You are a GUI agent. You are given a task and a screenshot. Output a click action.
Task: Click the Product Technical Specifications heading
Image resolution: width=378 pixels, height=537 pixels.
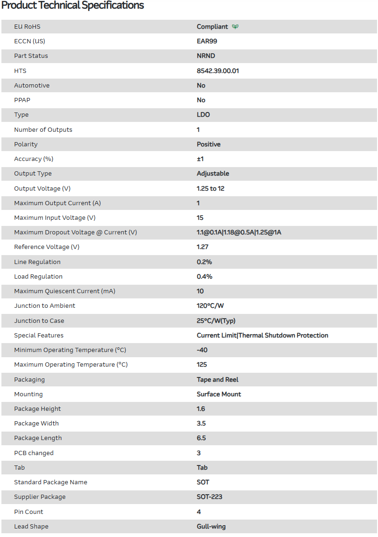pos(73,6)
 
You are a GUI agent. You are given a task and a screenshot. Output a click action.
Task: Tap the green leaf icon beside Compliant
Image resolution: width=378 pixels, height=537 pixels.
pos(235,27)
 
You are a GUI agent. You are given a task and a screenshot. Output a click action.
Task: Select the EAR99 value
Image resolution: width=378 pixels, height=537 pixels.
pos(207,41)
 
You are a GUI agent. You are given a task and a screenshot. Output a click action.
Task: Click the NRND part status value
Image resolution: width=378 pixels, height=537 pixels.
pos(206,56)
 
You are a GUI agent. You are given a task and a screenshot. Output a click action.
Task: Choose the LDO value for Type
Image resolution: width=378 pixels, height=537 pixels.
pos(204,115)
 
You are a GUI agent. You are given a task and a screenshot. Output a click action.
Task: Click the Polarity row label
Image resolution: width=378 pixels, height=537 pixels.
pos(26,144)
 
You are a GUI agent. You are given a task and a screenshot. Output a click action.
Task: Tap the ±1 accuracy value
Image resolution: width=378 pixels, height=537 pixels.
pos(200,159)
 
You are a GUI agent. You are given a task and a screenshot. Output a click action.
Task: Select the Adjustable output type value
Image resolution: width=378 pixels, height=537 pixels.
pos(213,174)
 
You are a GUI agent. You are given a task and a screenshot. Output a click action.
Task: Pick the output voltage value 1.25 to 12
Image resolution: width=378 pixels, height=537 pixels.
pos(210,188)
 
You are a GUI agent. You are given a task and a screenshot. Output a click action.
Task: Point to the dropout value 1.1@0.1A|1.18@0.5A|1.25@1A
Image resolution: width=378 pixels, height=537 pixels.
pos(239,232)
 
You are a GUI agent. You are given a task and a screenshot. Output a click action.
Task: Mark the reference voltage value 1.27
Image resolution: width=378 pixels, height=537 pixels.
pos(203,247)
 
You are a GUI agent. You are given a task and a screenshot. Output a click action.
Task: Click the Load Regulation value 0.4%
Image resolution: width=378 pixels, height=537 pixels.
pos(205,277)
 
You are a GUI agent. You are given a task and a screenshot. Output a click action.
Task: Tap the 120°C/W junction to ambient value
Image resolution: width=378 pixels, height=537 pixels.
pos(210,306)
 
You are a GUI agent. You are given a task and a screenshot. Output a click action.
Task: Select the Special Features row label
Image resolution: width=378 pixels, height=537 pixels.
pos(39,336)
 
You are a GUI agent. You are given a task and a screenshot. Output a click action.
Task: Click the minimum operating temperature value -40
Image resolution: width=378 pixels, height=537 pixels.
pos(202,350)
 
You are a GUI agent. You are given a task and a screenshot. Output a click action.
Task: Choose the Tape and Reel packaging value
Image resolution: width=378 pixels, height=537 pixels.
pos(218,380)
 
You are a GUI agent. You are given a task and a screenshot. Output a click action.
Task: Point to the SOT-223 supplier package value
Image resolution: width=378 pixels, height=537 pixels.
pos(210,497)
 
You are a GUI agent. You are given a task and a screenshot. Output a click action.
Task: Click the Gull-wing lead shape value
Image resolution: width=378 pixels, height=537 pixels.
pos(211,527)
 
